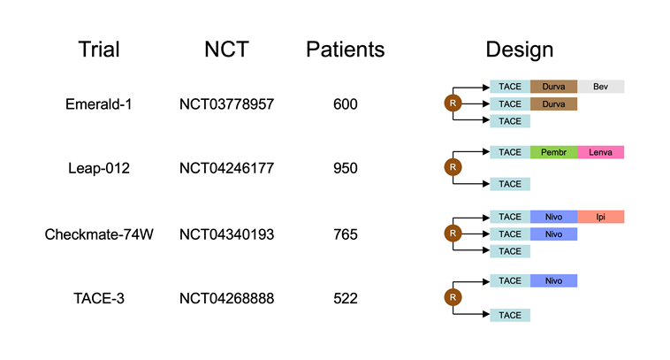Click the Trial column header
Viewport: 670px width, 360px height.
[x=99, y=50]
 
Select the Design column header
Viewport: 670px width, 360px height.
[x=519, y=50]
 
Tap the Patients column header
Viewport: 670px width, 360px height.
[x=346, y=50]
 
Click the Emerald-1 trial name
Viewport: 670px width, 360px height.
[x=99, y=103]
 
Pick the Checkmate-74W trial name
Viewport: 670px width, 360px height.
[x=99, y=234]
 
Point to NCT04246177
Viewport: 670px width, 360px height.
[x=226, y=168]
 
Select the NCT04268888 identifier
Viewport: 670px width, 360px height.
[x=226, y=298]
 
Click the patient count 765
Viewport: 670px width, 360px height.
[x=346, y=234]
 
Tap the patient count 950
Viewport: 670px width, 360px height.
[x=346, y=168]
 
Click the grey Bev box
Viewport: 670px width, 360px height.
[x=600, y=87]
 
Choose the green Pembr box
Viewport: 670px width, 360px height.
[x=554, y=152]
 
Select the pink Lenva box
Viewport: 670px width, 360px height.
[x=600, y=152]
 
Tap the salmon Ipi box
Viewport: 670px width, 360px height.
[x=600, y=217]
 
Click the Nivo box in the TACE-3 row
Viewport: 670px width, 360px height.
[x=554, y=280]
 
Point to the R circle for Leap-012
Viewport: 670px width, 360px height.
[x=453, y=167]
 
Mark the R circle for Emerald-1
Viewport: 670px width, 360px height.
[x=453, y=103]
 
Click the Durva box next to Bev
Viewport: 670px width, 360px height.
[x=554, y=87]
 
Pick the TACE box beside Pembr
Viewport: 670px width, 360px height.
[x=510, y=152]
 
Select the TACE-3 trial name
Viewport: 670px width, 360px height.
[x=99, y=298]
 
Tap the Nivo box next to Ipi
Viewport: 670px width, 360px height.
[x=554, y=217]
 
